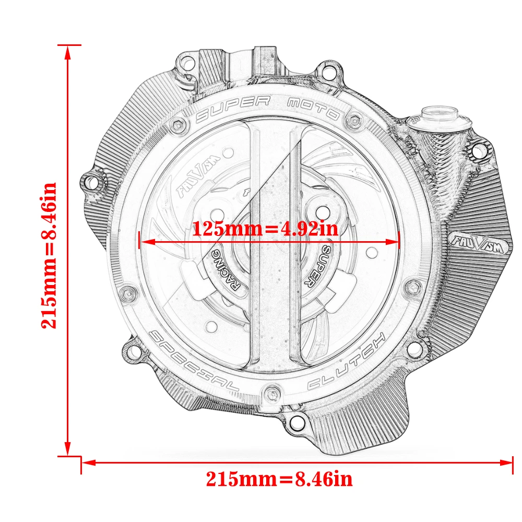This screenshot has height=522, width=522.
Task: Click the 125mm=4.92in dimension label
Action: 265,229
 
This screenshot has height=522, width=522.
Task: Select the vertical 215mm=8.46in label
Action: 50,255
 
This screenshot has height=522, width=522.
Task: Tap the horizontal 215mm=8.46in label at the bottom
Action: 279,478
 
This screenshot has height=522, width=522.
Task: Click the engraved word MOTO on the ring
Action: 314,108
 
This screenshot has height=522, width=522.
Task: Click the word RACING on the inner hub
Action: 223,267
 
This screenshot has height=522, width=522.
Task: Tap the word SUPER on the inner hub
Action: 317,264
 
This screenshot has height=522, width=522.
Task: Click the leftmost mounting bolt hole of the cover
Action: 92,183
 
